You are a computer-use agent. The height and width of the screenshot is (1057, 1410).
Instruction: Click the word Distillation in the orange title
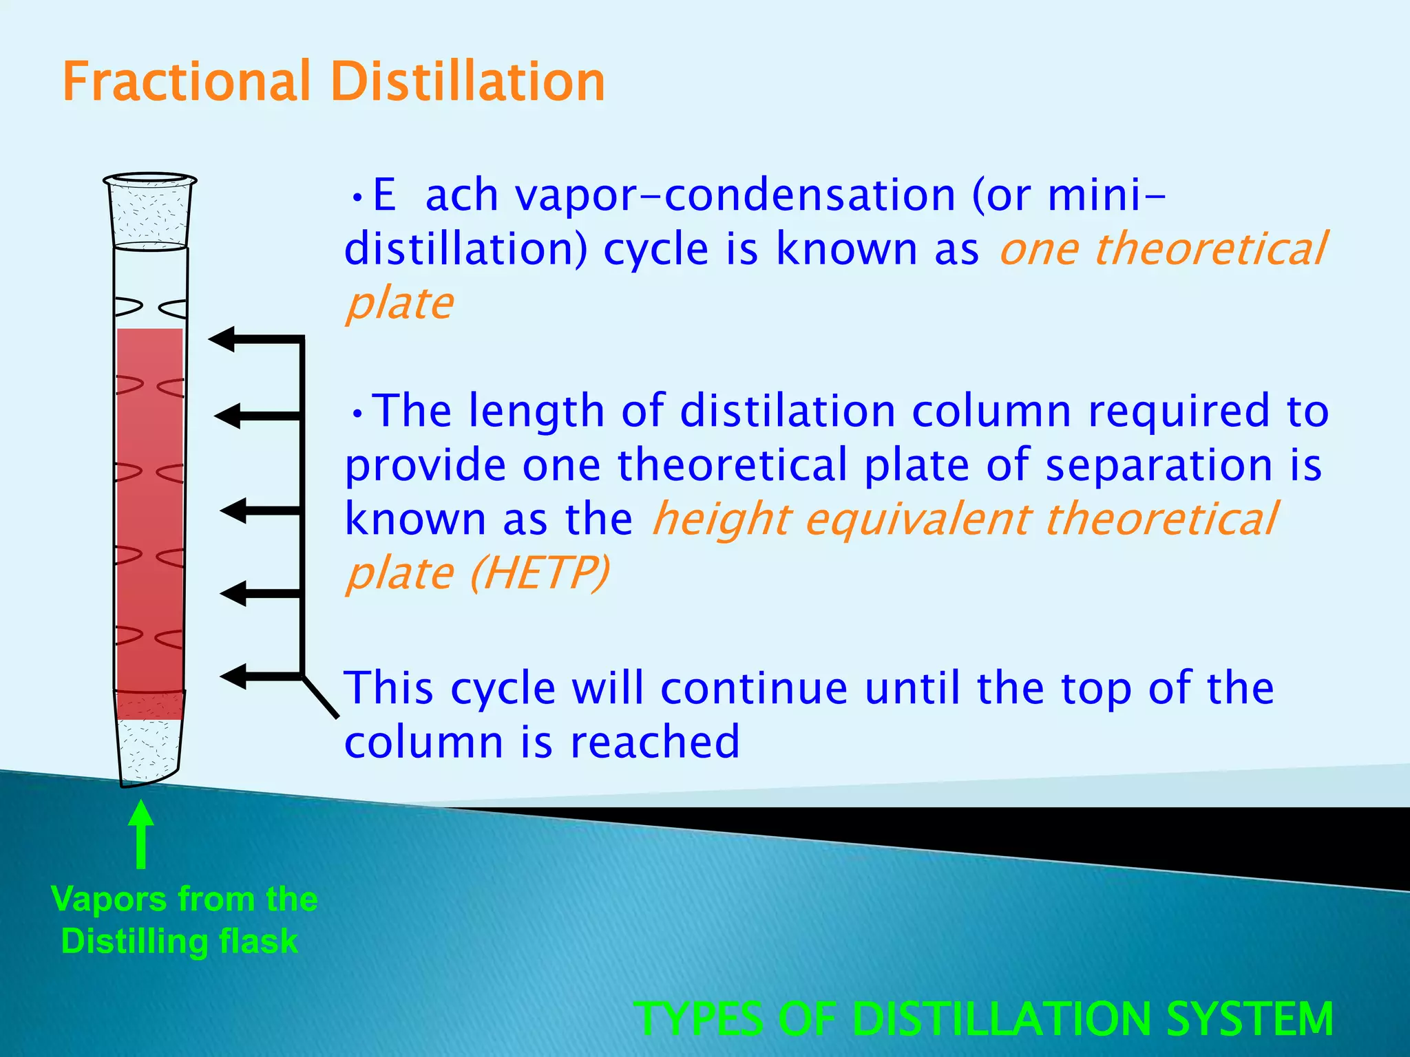(x=467, y=82)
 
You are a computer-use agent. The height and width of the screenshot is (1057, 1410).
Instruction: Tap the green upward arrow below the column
(x=141, y=833)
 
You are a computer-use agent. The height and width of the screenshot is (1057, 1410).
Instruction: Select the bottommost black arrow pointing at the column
(x=262, y=676)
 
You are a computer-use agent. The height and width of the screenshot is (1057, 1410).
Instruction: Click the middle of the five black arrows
(x=262, y=511)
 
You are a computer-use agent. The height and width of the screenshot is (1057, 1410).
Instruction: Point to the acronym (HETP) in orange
(x=540, y=573)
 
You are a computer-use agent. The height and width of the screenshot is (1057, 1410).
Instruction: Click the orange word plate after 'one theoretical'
(x=399, y=303)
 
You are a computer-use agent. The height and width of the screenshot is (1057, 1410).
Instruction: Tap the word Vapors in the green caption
(x=109, y=899)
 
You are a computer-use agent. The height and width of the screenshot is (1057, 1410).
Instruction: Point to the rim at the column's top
(x=150, y=180)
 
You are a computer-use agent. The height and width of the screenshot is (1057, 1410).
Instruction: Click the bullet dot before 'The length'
(x=357, y=413)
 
